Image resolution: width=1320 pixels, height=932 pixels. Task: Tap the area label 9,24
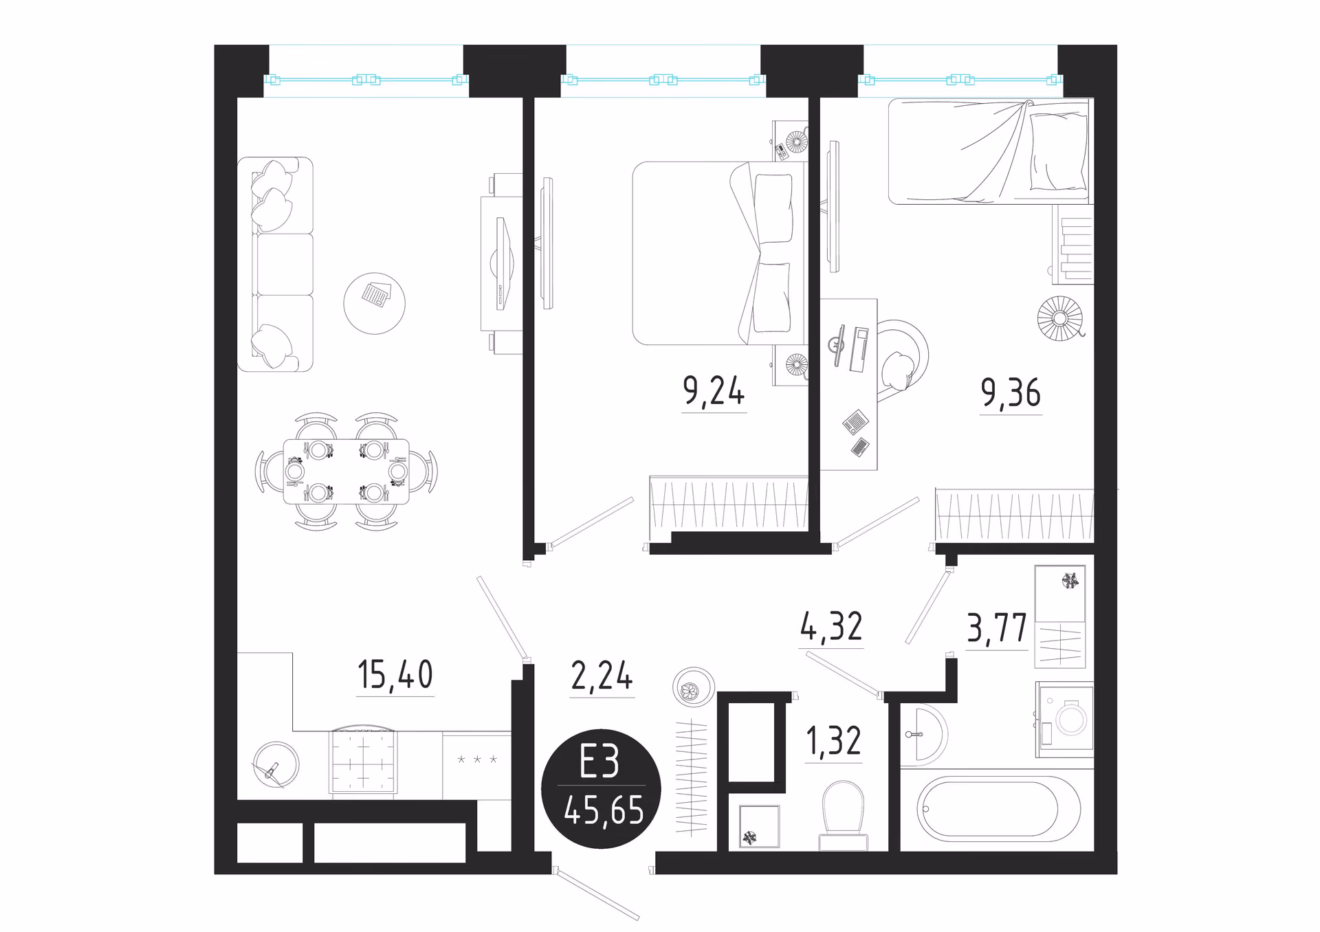click(x=714, y=391)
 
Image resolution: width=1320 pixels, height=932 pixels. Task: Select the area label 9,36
click(x=1011, y=393)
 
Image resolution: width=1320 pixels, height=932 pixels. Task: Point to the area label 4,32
click(x=831, y=627)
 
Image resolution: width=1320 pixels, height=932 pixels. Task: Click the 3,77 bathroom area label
click(x=997, y=628)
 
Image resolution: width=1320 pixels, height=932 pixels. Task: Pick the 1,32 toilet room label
click(x=833, y=742)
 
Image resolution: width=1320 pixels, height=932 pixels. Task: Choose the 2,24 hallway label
click(x=602, y=676)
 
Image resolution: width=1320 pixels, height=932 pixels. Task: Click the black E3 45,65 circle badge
click(x=601, y=789)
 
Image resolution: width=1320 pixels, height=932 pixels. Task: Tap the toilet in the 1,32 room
click(x=844, y=816)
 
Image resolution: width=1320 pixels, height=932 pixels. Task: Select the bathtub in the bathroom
click(x=998, y=809)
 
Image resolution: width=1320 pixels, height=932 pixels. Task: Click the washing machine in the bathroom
click(x=1064, y=719)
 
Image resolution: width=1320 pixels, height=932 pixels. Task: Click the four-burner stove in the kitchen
click(x=363, y=762)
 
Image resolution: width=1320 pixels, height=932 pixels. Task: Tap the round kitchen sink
click(x=276, y=764)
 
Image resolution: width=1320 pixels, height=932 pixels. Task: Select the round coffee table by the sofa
click(x=374, y=303)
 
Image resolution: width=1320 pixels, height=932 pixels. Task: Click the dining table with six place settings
click(x=346, y=471)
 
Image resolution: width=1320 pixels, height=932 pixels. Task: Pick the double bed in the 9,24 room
click(x=718, y=253)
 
